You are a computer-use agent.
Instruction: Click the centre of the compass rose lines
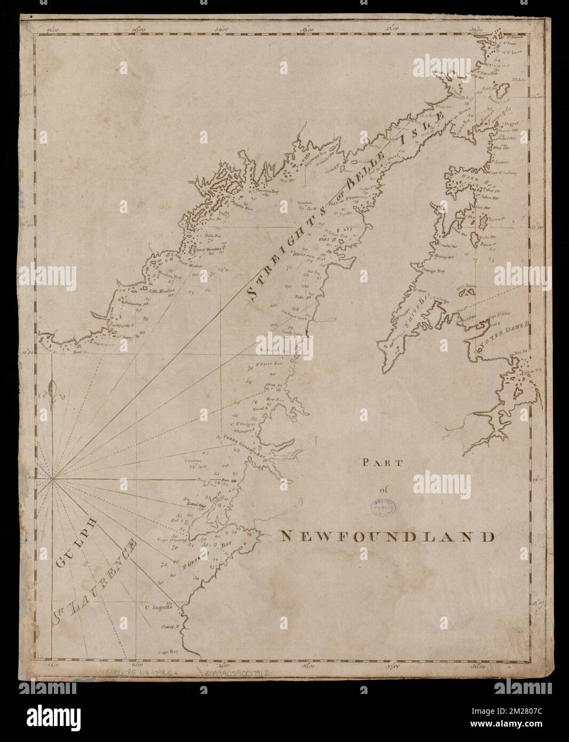click(52, 480)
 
